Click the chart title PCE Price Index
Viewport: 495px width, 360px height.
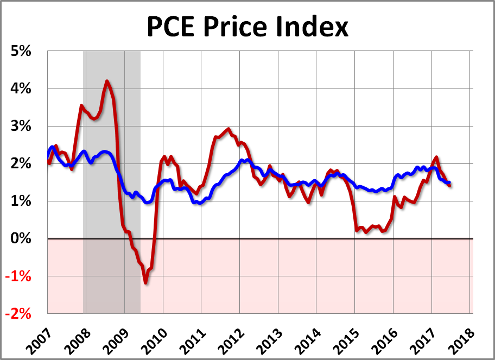pos(247,27)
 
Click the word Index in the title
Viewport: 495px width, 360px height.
pos(316,27)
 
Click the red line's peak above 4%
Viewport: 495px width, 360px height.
pos(107,81)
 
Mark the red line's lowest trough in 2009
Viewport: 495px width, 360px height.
pos(145,282)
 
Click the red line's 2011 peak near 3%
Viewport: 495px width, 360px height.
pos(228,129)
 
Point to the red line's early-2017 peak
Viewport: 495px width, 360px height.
pos(436,157)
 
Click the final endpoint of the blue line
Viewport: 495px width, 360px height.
pos(449,183)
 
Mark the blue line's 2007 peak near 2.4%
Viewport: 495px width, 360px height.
pos(52,147)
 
